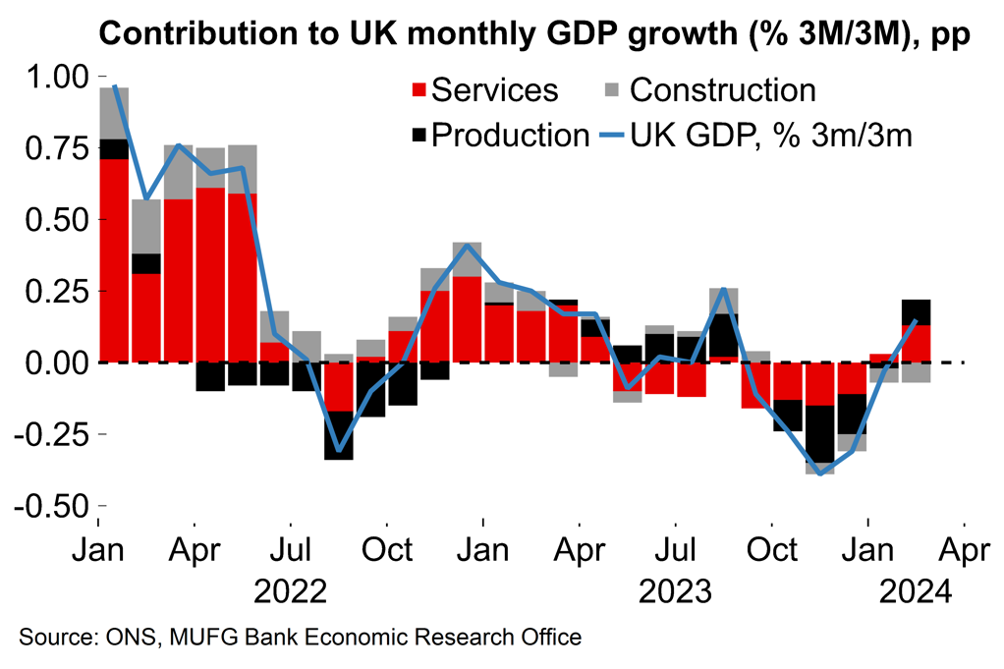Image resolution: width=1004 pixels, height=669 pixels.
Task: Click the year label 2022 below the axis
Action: pyautogui.click(x=289, y=592)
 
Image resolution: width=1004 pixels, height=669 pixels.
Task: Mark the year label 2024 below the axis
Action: pyautogui.click(x=916, y=592)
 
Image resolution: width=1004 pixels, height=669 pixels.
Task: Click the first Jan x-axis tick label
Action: pyautogui.click(x=100, y=549)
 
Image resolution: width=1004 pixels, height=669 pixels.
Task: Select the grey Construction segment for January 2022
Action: pyautogui.click(x=115, y=113)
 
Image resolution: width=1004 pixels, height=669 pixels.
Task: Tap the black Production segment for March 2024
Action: pyautogui.click(x=916, y=312)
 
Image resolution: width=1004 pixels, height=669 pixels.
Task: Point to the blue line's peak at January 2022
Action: pyautogui.click(x=115, y=86)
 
